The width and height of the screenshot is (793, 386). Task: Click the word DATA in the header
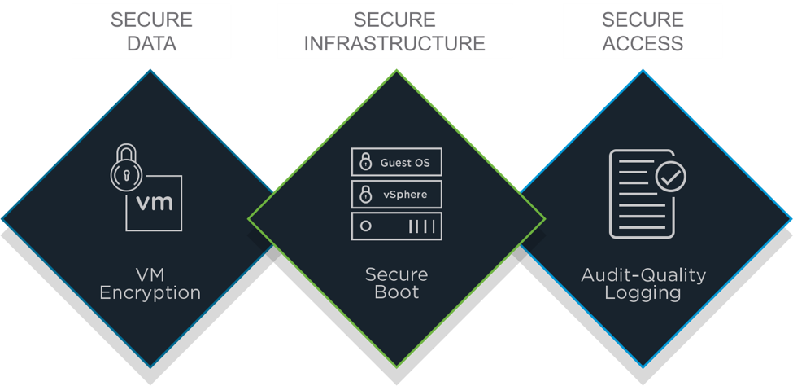151,43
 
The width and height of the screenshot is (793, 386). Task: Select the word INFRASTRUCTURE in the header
394,43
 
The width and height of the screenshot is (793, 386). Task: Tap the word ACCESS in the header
643,43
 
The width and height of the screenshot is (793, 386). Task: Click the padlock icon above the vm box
127,169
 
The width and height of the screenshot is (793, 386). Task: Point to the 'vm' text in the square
155,201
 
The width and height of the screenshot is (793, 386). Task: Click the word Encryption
150,293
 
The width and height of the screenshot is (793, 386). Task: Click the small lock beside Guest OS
365,162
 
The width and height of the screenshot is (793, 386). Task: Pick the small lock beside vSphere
365,195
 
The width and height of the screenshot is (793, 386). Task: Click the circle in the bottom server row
366,226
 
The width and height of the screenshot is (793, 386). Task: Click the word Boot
396,293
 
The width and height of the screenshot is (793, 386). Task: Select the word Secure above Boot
396,274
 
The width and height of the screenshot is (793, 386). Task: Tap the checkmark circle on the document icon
670,175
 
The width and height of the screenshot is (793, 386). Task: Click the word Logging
643,293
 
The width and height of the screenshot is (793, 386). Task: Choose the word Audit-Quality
643,274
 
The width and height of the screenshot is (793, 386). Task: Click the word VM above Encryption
150,274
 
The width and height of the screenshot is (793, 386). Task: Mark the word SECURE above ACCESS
643,20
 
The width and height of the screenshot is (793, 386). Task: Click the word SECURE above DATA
151,20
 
